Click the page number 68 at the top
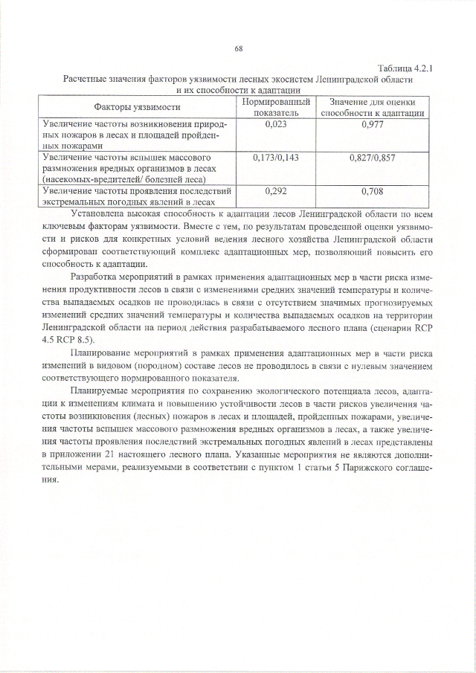tap(239, 49)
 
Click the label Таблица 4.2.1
tap(405, 68)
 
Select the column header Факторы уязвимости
tap(138, 107)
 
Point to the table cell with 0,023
tap(276, 125)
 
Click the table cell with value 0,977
tap(372, 125)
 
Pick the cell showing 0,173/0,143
tap(276, 158)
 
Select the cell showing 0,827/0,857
tap(372, 158)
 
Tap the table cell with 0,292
tap(276, 191)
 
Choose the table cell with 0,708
tap(372, 191)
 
